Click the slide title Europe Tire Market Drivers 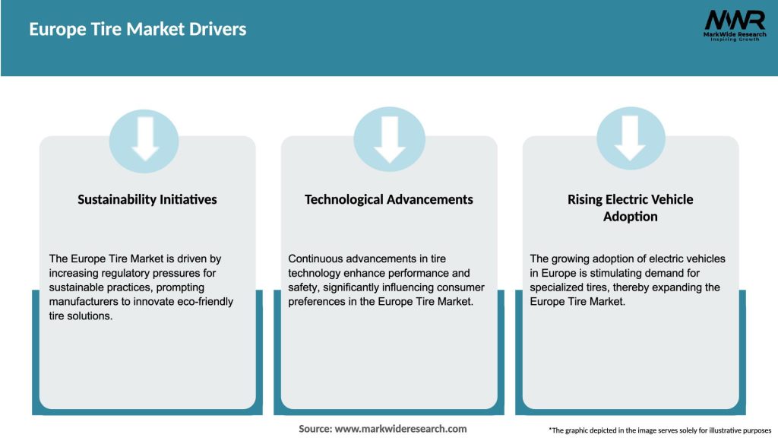138,30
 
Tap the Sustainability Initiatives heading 147,199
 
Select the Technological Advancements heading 388,199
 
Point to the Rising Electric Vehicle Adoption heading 630,208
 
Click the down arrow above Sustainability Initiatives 144,140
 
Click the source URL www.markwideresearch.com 400,429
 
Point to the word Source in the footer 315,429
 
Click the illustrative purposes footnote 659,430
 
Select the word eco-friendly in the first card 205,302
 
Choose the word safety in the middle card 305,287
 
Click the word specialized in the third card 558,287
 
